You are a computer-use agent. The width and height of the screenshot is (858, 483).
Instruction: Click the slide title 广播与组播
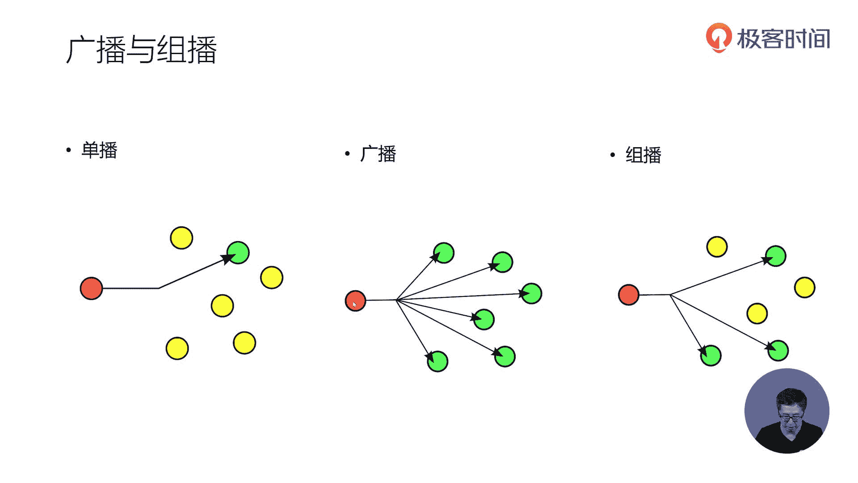(x=141, y=50)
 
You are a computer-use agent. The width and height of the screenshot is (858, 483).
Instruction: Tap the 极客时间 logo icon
(x=718, y=38)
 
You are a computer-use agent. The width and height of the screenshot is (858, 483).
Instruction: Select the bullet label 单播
(x=99, y=150)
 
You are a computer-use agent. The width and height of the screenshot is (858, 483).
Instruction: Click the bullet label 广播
(x=378, y=154)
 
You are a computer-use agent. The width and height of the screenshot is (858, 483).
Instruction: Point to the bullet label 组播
(x=643, y=155)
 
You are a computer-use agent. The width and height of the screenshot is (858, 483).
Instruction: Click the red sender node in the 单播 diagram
(x=91, y=288)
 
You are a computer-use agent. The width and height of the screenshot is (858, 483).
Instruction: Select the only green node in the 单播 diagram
(x=238, y=253)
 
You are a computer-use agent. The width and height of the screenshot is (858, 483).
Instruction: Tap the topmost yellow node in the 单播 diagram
(x=181, y=237)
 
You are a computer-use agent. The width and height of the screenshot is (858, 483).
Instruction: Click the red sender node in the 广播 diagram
(x=356, y=301)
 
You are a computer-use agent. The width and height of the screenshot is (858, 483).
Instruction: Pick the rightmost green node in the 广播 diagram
(x=531, y=294)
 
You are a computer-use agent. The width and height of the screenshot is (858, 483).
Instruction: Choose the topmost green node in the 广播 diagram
(x=444, y=253)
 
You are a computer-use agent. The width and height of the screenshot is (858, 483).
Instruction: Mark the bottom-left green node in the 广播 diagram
(x=437, y=361)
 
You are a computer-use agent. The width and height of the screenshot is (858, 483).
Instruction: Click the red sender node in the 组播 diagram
(x=629, y=295)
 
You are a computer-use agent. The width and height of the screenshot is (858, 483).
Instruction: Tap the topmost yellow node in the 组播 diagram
(x=717, y=247)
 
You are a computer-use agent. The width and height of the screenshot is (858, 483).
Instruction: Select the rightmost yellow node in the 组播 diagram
(x=805, y=288)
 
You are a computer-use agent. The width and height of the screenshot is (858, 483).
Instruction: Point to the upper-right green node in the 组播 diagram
(x=775, y=256)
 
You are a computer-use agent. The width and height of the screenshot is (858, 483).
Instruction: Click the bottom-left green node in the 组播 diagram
(x=711, y=356)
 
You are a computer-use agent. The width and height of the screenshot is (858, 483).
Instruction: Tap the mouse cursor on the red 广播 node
(x=354, y=304)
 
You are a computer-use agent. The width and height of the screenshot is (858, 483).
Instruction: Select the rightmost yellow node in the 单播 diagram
(x=272, y=278)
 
